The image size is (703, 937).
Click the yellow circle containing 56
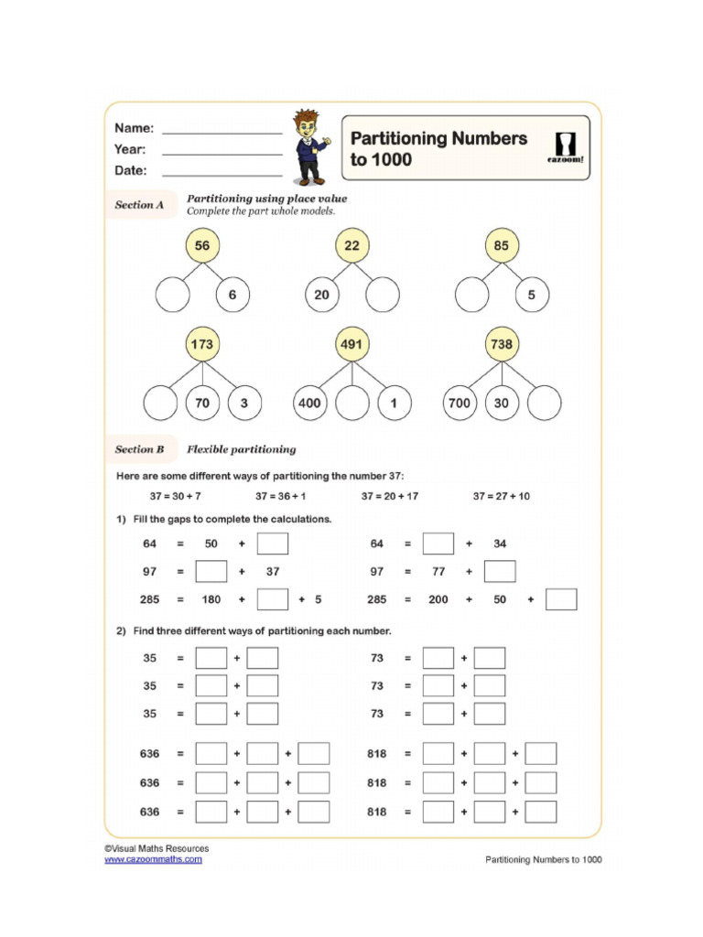pos(202,246)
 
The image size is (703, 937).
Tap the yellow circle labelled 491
pos(351,345)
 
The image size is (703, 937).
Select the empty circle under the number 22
pos(383,296)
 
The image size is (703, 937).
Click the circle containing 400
pos(309,403)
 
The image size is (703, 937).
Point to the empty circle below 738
pos(546,403)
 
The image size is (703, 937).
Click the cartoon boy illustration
pos(308,146)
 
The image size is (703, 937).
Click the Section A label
pos(139,206)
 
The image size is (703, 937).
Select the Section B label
pos(139,449)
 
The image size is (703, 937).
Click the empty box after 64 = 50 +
pos(273,544)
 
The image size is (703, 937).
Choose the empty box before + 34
pos(438,544)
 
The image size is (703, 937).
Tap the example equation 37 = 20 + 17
pos(389,496)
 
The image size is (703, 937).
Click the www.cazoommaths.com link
pos(153,859)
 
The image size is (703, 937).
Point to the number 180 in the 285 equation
pos(211,600)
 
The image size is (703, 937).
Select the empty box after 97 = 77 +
pos(500,572)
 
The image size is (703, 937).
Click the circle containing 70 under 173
pos(202,403)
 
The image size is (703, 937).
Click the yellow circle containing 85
pos(501,246)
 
